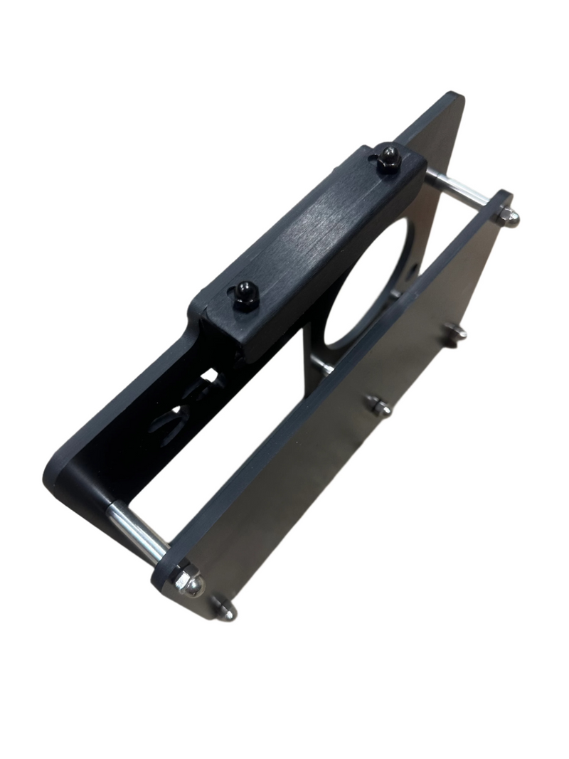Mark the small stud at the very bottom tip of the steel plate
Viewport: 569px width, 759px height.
[x=226, y=611]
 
